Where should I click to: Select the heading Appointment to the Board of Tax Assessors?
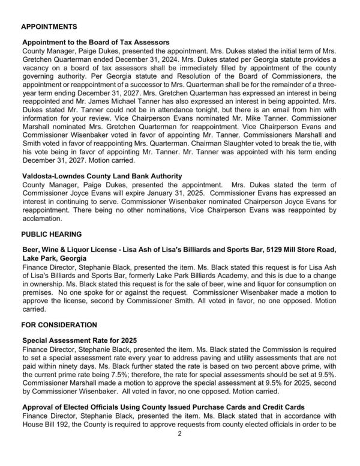[95, 43]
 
